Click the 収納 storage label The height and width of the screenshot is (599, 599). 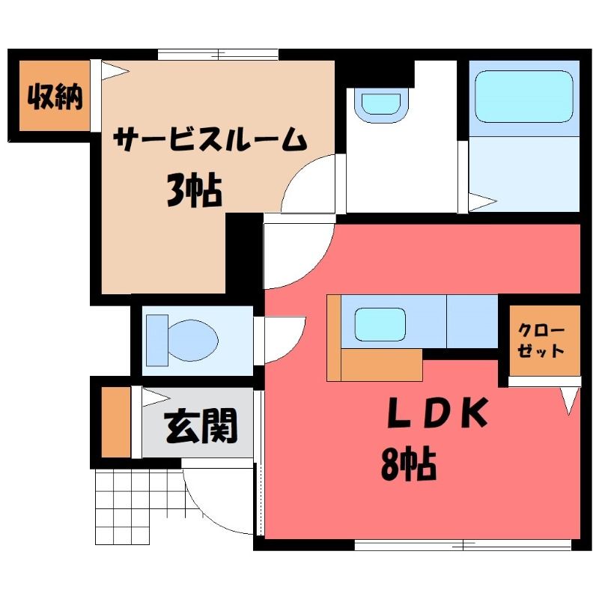click(x=55, y=97)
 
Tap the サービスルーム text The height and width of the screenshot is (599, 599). click(x=210, y=139)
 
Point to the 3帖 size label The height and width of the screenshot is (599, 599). click(x=195, y=190)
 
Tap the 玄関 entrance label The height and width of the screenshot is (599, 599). click(x=201, y=426)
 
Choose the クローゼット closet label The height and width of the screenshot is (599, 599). click(x=541, y=341)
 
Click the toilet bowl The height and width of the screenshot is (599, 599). click(x=193, y=340)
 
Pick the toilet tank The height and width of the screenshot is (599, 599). click(x=157, y=340)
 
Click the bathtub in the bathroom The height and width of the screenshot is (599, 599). click(x=524, y=97)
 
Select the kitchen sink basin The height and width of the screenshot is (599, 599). click(x=380, y=324)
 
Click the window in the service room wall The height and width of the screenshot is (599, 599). click(x=218, y=55)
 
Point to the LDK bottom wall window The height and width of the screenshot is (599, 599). click(x=463, y=545)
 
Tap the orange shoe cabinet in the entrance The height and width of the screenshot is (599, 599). click(x=116, y=422)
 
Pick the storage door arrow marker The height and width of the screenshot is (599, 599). click(x=115, y=70)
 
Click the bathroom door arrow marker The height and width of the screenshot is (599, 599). click(x=483, y=201)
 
